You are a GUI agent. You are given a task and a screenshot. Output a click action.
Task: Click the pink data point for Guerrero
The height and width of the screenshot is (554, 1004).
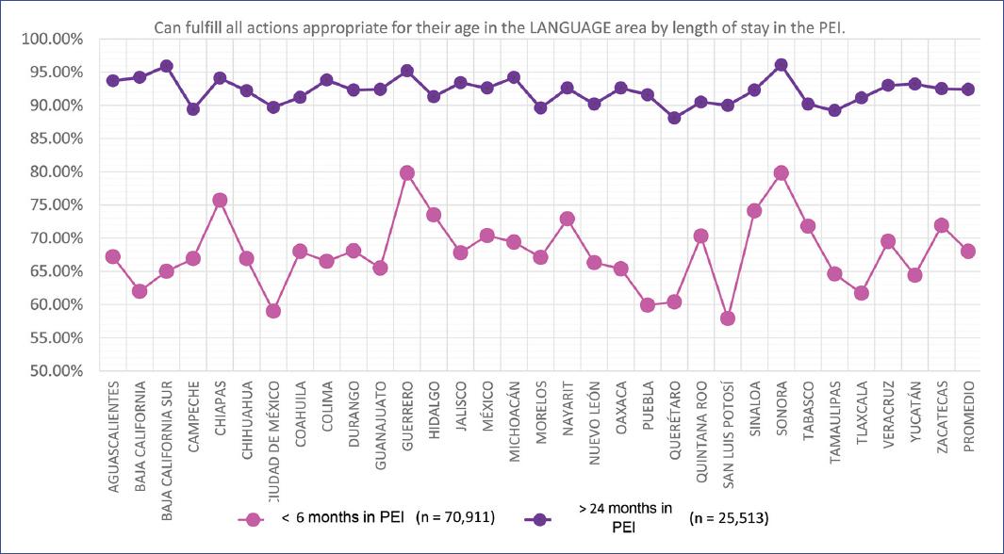(x=407, y=172)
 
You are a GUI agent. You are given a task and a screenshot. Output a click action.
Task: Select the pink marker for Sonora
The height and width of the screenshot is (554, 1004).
(x=781, y=172)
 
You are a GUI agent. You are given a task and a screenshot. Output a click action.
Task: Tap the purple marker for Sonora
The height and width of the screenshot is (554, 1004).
(x=781, y=65)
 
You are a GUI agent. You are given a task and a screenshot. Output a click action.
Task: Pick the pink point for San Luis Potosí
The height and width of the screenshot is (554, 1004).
(x=727, y=318)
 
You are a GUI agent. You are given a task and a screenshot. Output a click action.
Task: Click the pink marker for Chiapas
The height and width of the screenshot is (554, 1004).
(x=220, y=200)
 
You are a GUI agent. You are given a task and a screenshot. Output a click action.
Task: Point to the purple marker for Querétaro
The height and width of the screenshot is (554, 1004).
(x=674, y=118)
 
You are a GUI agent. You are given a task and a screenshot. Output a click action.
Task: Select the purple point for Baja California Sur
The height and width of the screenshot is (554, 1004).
(x=166, y=66)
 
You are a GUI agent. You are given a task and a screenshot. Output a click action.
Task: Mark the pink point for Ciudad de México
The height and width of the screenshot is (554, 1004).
(x=273, y=311)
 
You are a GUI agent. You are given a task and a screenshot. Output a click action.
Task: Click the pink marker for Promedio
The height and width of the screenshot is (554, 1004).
(x=967, y=251)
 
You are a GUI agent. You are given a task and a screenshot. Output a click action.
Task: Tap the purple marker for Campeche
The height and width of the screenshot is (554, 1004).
(x=193, y=108)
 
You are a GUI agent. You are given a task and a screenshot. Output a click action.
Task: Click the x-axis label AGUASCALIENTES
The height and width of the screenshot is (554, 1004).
(x=113, y=430)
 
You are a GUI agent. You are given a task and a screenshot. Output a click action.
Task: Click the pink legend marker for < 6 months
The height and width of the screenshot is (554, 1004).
(x=252, y=518)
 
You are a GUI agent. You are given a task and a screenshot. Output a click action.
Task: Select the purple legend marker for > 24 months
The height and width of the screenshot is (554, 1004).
(x=542, y=518)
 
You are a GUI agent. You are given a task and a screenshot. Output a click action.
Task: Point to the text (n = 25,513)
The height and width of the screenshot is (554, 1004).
(x=729, y=518)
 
